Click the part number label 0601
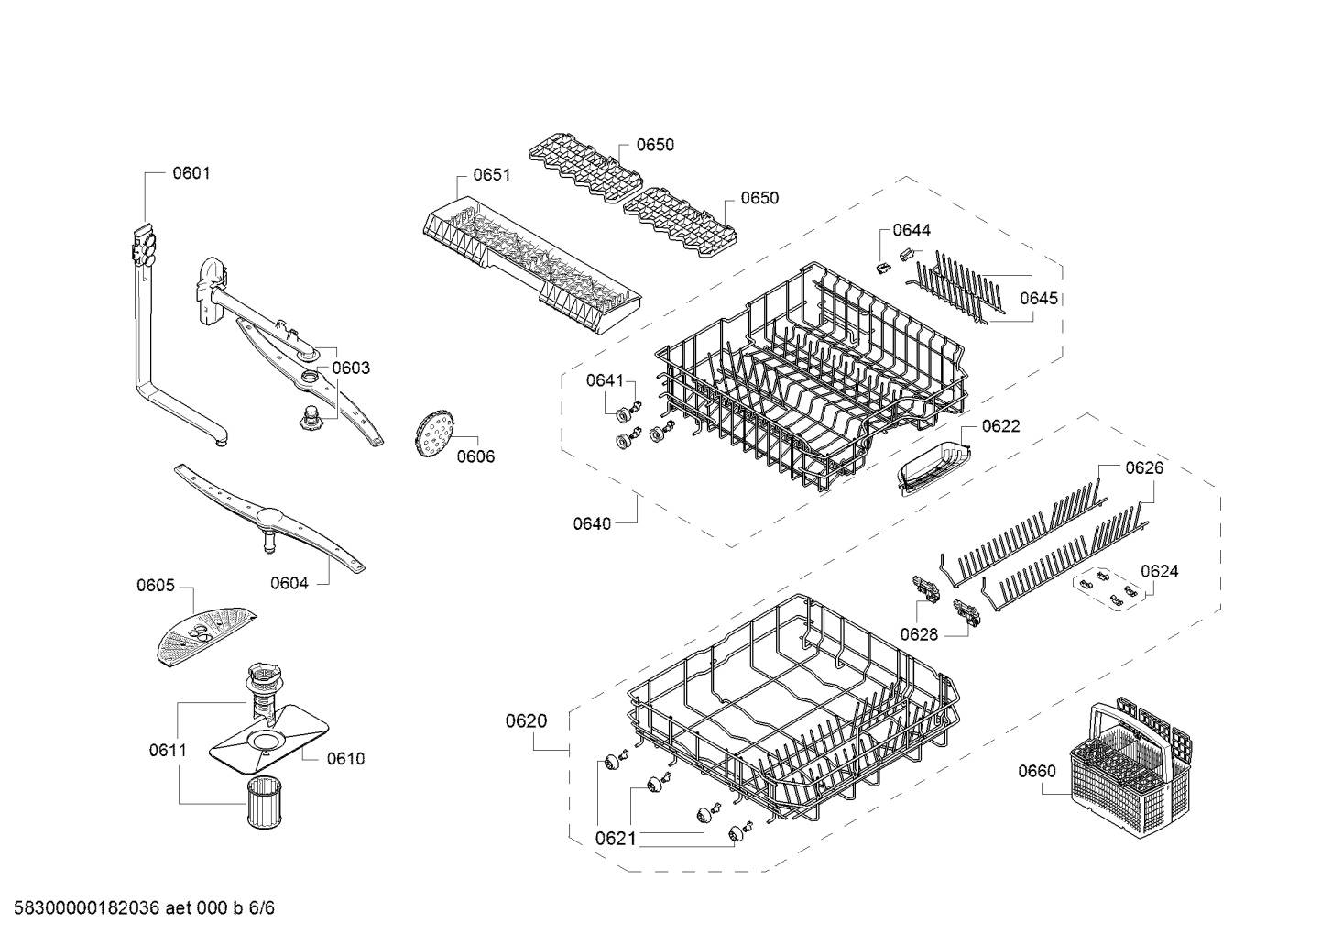coord(191,172)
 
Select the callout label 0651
coord(491,175)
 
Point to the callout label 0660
coord(1036,771)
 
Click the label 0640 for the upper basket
coord(592,523)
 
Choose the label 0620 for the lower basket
coord(526,721)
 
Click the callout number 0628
coord(918,633)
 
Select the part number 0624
coord(1159,571)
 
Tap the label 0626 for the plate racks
coord(1143,468)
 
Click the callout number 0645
coord(1039,298)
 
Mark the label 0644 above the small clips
coord(911,230)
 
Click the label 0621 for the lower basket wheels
coord(615,837)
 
